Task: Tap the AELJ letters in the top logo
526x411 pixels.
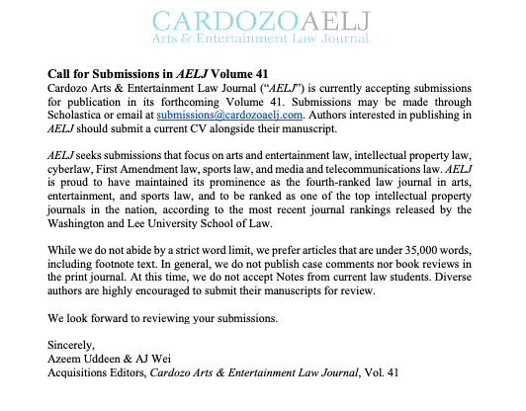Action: tap(334, 19)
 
